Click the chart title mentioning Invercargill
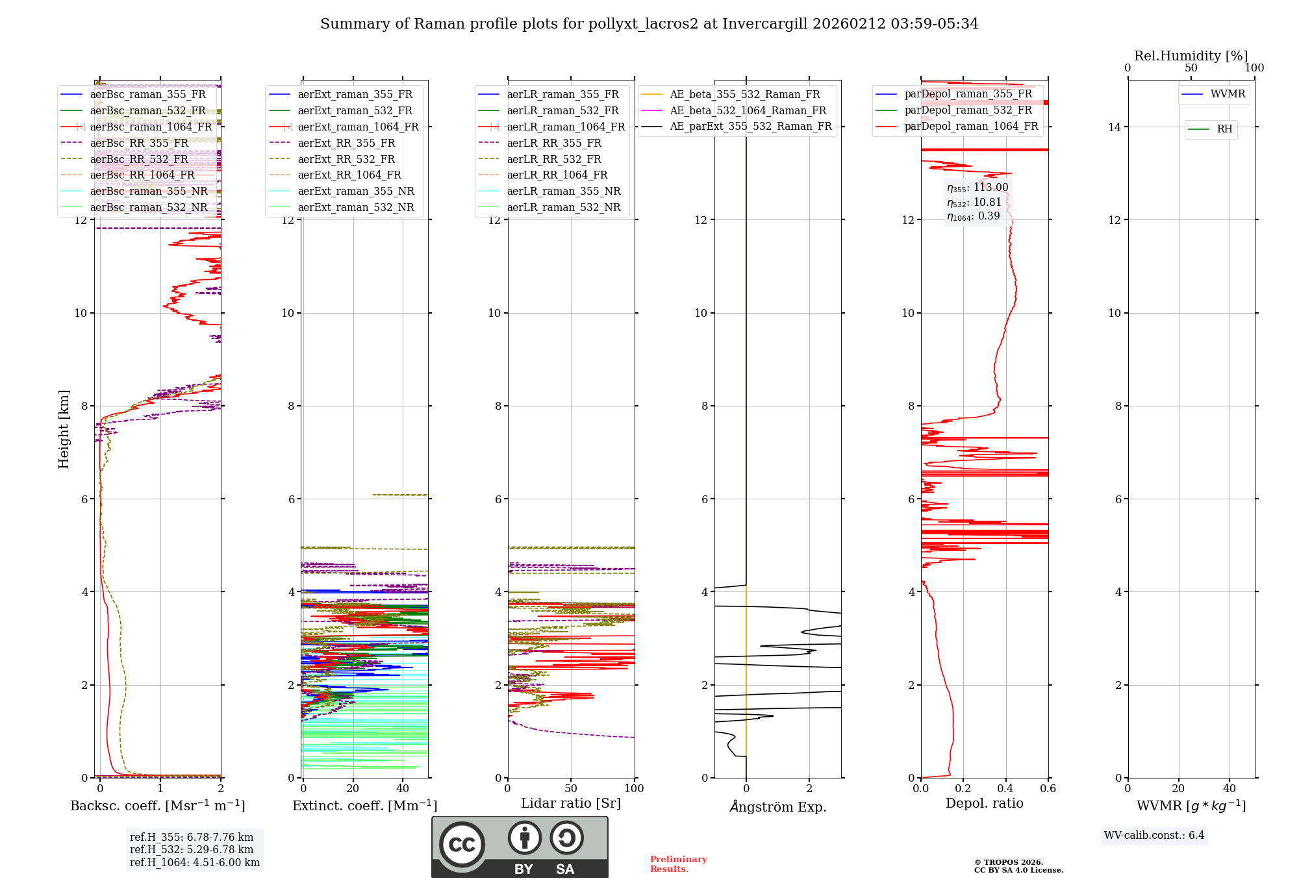[649, 24]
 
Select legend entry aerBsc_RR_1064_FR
[142, 175]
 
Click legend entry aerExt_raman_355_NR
[355, 192]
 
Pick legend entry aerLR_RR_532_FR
[553, 159]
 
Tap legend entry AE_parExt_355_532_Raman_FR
[750, 127]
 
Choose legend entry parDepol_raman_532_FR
[968, 110]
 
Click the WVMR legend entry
[1227, 94]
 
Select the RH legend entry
[1224, 129]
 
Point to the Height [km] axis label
[64, 429]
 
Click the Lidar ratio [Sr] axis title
[570, 803]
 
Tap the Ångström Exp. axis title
[777, 807]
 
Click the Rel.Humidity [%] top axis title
[1191, 56]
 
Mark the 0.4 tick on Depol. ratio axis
[1005, 789]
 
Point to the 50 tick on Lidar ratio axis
[571, 789]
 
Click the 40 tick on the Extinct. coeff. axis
[403, 789]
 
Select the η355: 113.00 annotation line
[977, 188]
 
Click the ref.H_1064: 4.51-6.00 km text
[194, 863]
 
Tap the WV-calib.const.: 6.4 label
[1154, 836]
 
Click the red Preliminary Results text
[678, 864]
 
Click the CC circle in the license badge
[462, 845]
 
